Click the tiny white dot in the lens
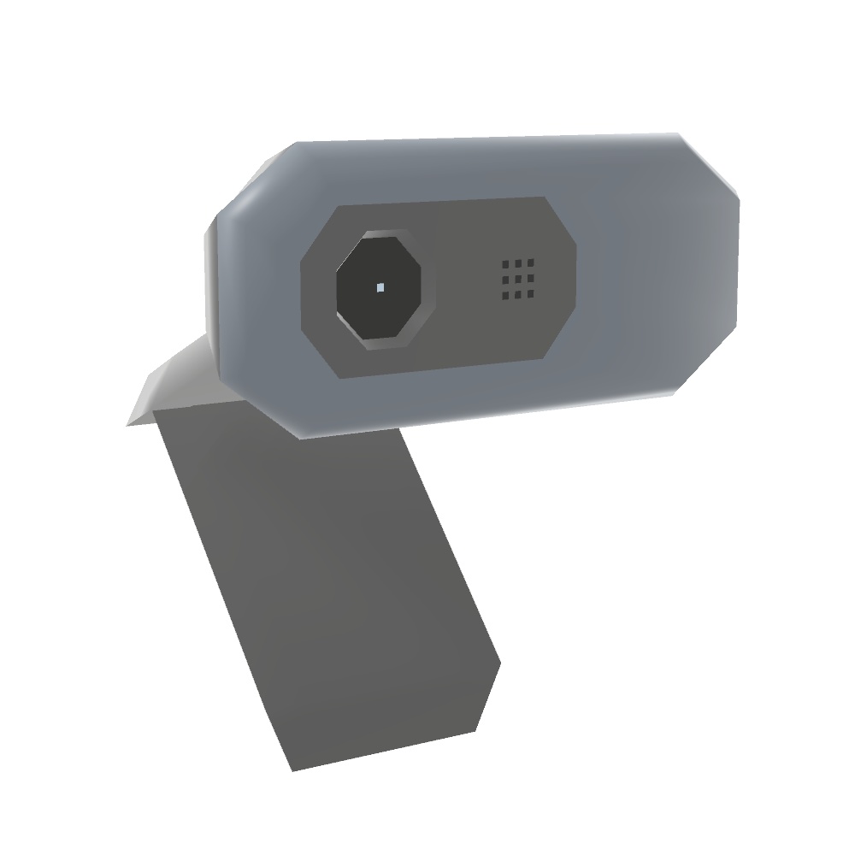pos(380,288)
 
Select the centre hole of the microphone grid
pos(518,279)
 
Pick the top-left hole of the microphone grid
pos(506,263)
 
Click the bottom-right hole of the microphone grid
pos(530,295)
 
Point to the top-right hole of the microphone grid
pos(531,262)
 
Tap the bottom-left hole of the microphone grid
pos(506,296)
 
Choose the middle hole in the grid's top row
pos(518,262)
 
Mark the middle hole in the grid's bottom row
pos(518,296)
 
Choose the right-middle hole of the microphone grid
pos(531,279)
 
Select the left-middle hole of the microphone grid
pos(506,280)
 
